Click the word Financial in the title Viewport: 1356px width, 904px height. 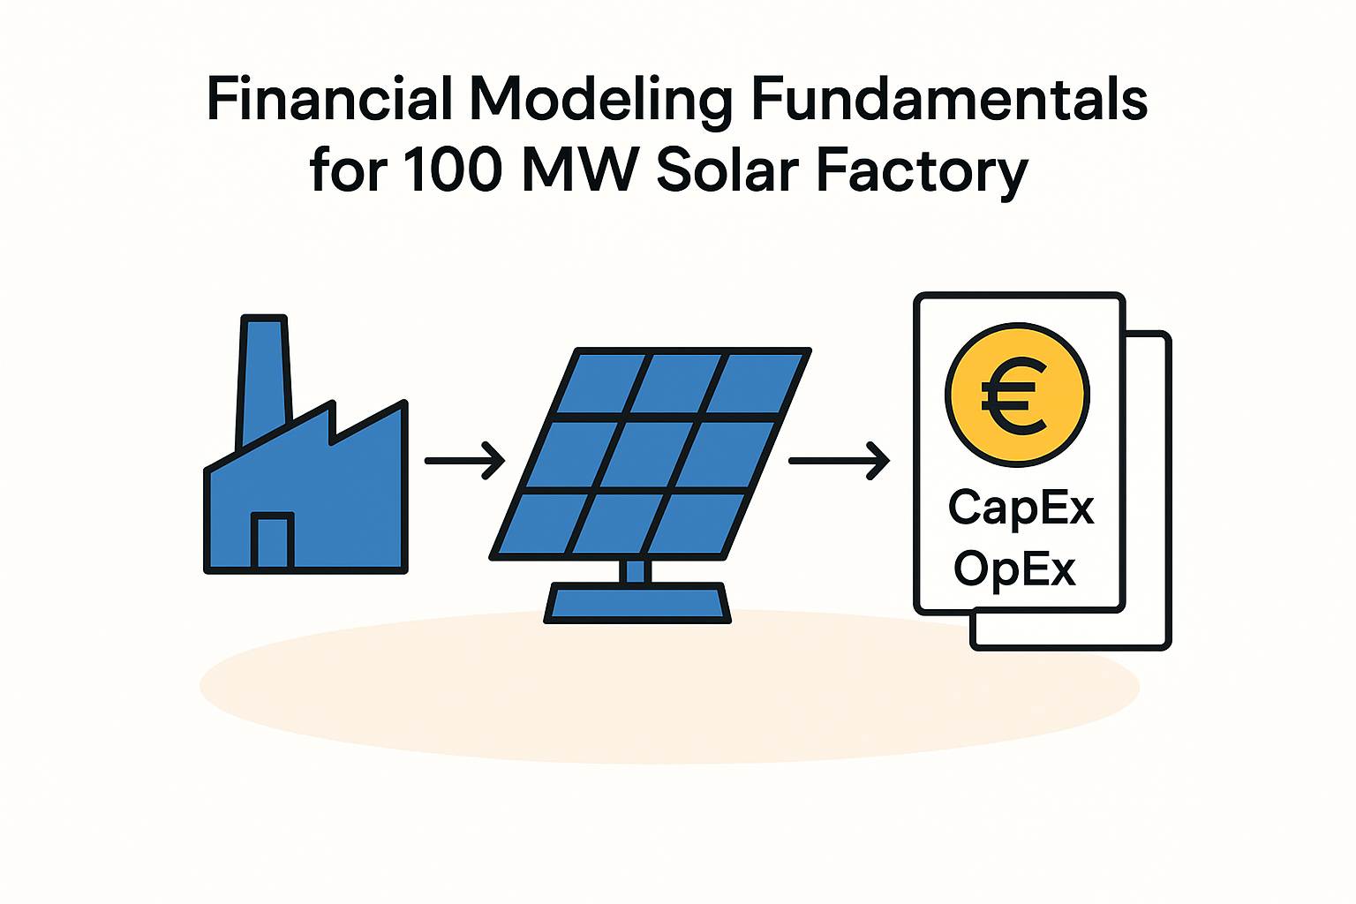tap(330, 99)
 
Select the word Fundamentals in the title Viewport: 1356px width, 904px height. tap(950, 99)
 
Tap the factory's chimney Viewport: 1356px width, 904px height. tap(264, 381)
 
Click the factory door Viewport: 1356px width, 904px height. tap(273, 540)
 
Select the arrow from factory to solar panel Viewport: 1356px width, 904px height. tap(464, 461)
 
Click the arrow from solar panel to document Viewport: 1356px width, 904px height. tap(839, 461)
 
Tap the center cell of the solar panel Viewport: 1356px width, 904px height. tap(652, 455)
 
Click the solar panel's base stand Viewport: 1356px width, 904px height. tap(637, 603)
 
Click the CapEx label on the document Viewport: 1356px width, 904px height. tap(1021, 508)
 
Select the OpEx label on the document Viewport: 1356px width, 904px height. tap(1014, 570)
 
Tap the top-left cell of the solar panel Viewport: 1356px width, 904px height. tap(600, 383)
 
